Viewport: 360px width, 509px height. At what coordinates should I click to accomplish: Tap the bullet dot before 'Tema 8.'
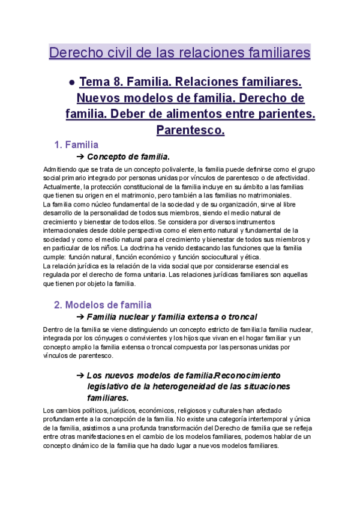(x=71, y=82)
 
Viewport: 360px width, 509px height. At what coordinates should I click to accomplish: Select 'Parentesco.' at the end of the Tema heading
(x=190, y=129)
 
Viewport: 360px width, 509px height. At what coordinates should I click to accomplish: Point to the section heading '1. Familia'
(x=76, y=145)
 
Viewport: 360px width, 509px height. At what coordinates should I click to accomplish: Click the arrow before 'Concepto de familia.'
(x=80, y=157)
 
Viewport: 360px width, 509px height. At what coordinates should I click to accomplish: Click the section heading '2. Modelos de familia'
(x=103, y=305)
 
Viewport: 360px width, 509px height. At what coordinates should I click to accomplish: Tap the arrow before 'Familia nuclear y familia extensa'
(x=80, y=317)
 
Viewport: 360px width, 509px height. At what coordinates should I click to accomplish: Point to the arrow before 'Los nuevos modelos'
(x=80, y=375)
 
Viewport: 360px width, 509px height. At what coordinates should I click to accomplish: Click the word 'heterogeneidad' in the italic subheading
(x=174, y=386)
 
